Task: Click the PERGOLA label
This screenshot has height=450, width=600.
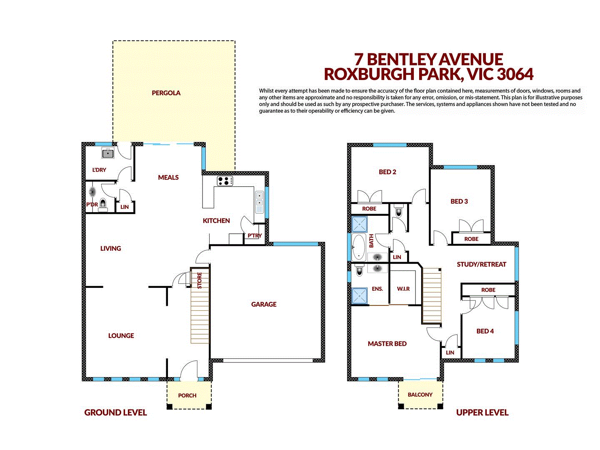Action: tap(166, 93)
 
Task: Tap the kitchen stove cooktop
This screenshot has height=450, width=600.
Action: tap(225, 181)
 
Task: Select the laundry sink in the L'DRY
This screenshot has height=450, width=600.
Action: tap(108, 153)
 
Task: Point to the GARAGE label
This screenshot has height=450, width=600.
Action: tap(264, 304)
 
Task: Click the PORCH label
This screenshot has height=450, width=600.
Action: tap(187, 395)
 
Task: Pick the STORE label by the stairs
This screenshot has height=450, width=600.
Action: tap(200, 280)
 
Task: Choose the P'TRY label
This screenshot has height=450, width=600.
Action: tap(255, 235)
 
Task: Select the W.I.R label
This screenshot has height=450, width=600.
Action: tap(403, 289)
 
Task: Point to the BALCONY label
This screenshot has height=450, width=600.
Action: tap(420, 395)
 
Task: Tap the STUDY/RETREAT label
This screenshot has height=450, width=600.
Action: tap(481, 264)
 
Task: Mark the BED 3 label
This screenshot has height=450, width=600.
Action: tap(459, 201)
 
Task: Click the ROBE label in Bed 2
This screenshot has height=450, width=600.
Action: tap(369, 209)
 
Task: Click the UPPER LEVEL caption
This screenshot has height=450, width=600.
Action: tap(482, 412)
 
